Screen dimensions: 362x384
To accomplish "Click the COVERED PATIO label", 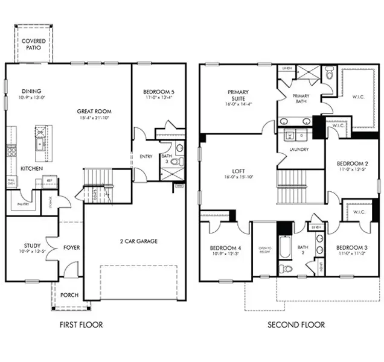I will coord(33,43).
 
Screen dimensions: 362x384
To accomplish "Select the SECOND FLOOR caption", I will coord(296,325).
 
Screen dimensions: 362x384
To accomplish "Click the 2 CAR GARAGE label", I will coord(138,241).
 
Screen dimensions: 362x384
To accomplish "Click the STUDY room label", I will coord(32,246).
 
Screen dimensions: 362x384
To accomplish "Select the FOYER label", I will coord(72,247).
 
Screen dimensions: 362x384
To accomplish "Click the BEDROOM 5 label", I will coord(159,92).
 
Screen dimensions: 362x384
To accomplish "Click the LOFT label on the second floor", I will coord(237,170).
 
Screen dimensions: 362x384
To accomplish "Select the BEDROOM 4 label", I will coord(225,248).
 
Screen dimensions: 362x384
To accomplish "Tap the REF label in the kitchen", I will coord(50,180).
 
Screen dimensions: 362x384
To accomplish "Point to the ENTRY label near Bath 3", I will coord(146,156).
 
